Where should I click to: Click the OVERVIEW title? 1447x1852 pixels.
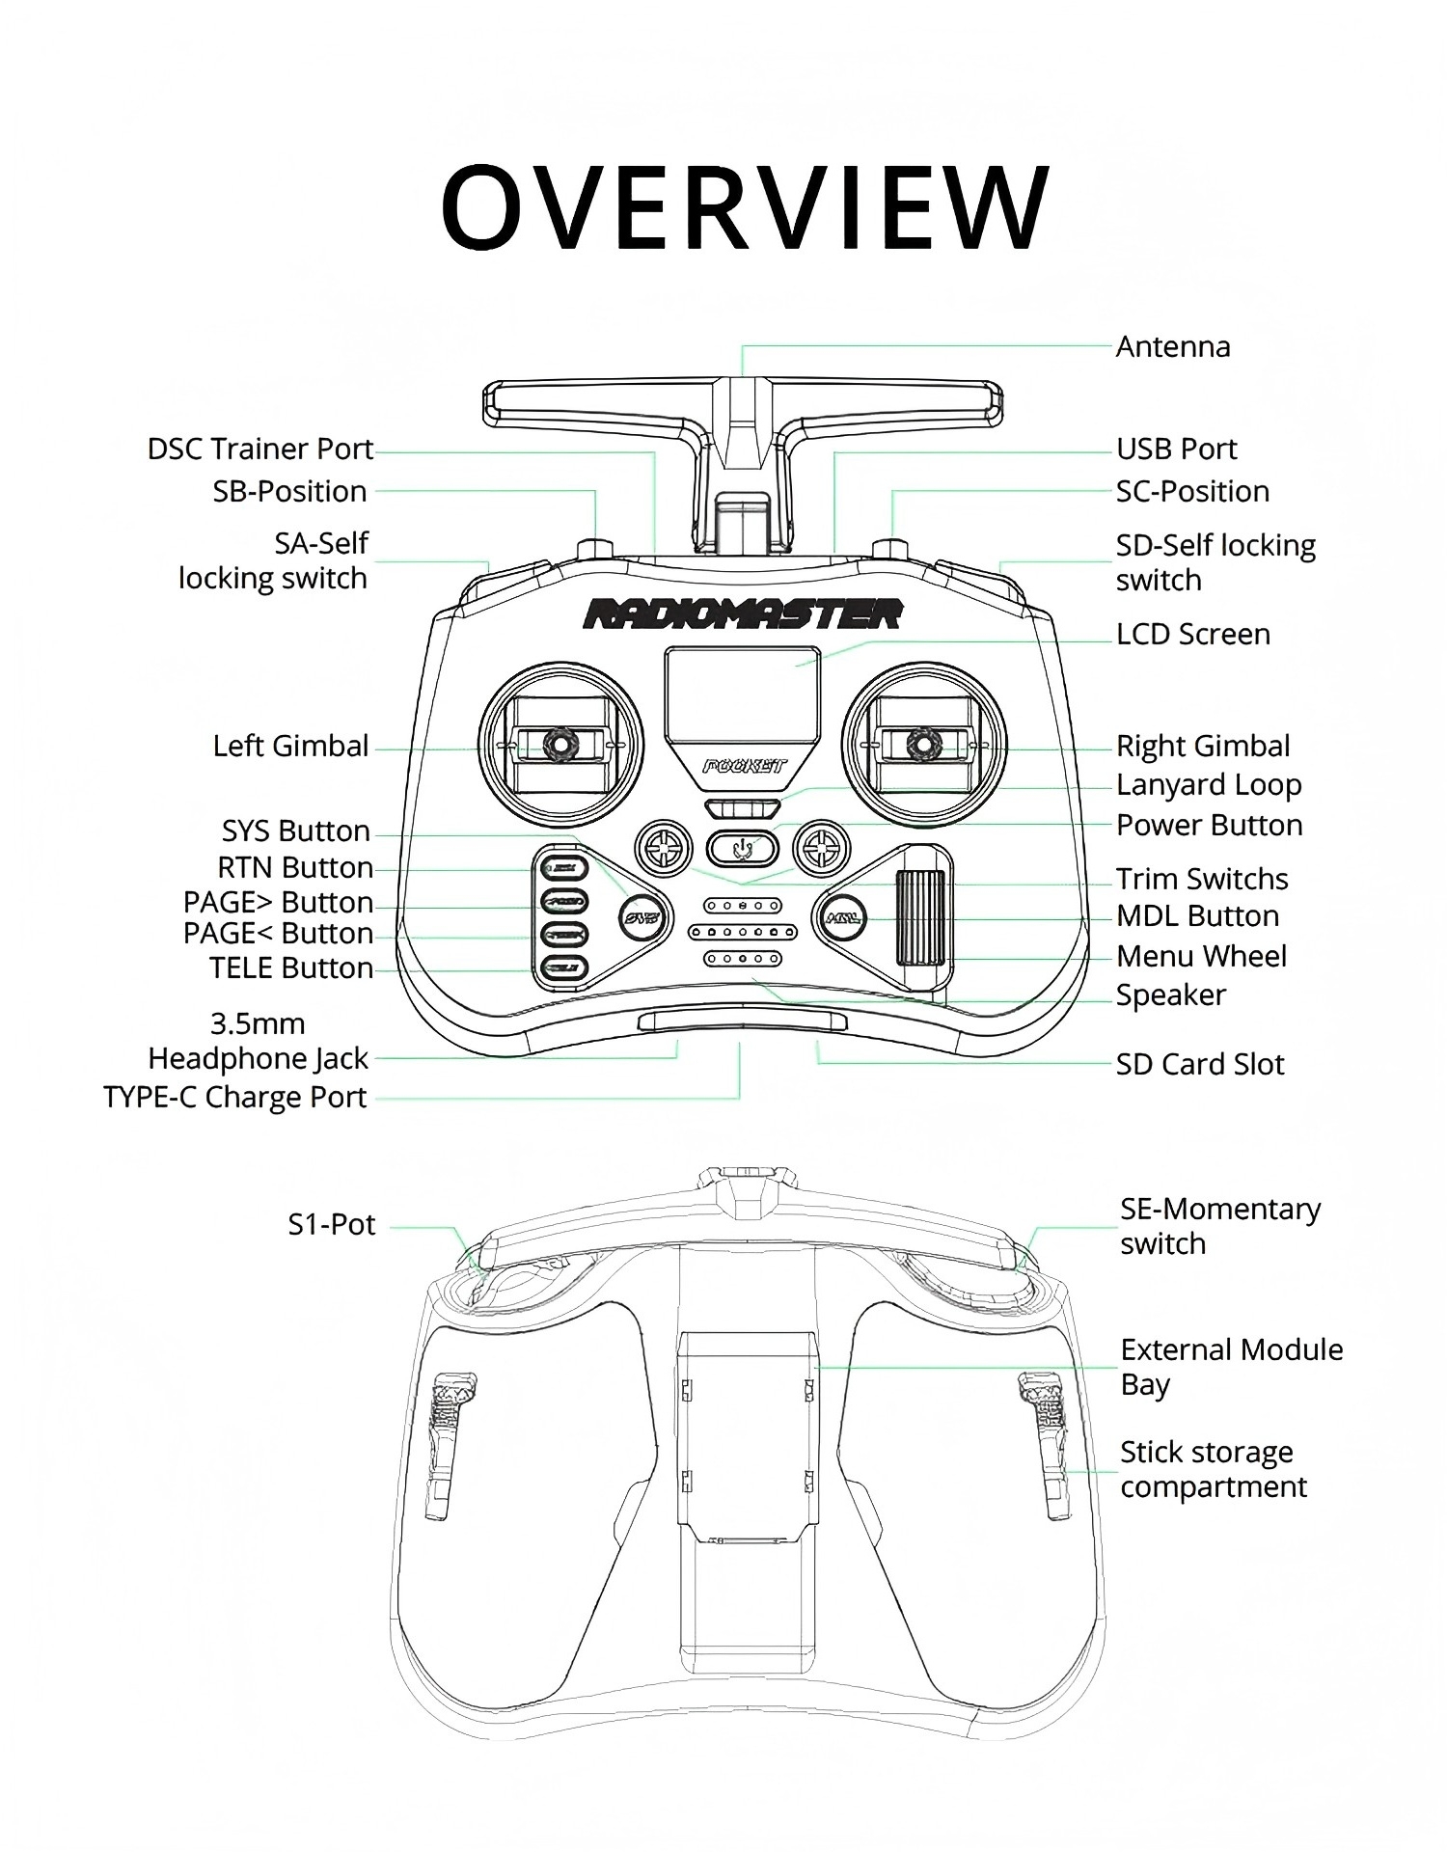tap(744, 206)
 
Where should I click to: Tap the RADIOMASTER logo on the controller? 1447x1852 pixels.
tap(742, 614)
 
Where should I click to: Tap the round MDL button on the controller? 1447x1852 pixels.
tap(842, 917)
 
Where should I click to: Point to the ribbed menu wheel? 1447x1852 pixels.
tap(920, 916)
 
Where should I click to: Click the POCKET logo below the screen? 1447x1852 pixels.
tap(744, 767)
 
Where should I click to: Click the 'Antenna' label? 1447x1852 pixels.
tap(1173, 347)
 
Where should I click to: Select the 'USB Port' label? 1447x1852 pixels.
tap(1176, 449)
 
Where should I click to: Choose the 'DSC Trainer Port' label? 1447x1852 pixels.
tap(260, 449)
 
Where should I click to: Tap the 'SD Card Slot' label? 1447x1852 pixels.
tap(1200, 1065)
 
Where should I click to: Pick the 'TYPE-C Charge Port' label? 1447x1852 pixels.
tap(235, 1098)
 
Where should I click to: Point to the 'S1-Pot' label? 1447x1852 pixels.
tap(331, 1225)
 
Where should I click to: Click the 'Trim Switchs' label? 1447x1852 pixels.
tap(1202, 880)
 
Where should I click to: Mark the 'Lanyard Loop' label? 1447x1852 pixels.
tap(1209, 785)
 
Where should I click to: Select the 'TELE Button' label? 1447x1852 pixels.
tap(291, 968)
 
